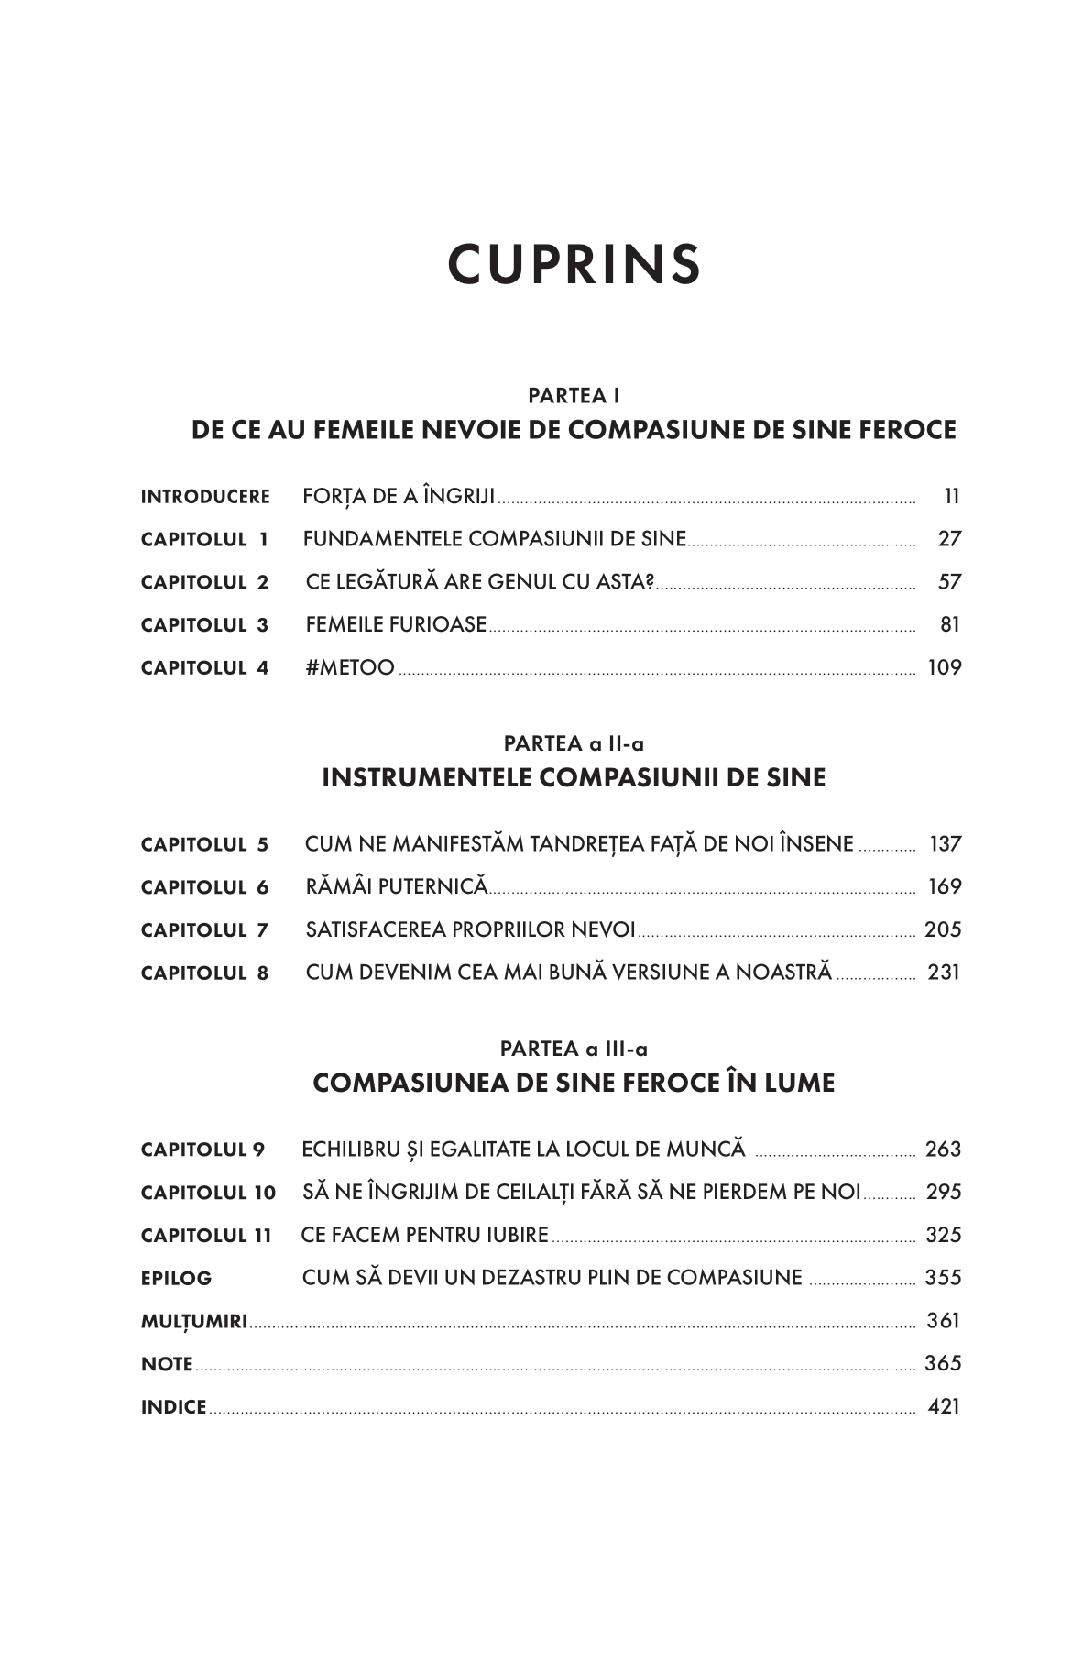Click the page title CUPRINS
574,264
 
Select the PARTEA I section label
574,396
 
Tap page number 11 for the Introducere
951,497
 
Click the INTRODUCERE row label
205,497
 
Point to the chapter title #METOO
350,667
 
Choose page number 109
945,667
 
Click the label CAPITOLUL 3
205,625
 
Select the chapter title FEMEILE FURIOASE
396,625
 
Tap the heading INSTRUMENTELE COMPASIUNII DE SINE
574,778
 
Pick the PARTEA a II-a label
574,743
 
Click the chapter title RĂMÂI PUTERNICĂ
396,886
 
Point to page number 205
943,929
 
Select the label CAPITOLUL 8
205,973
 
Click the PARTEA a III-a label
574,1049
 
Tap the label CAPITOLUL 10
208,1193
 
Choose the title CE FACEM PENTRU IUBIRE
425,1235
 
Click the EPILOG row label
176,1278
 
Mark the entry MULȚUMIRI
194,1321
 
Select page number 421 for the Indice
944,1406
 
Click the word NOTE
167,1364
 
